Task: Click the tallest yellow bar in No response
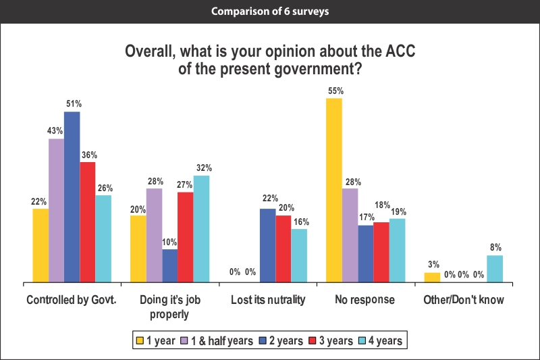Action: pyautogui.click(x=333, y=190)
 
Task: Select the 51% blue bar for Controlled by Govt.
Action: pyautogui.click(x=72, y=197)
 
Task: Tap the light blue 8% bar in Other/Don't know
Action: pyautogui.click(x=495, y=268)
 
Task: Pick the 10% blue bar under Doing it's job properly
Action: pyautogui.click(x=169, y=265)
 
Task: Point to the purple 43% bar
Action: pyautogui.click(x=56, y=210)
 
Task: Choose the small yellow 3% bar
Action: pyautogui.click(x=431, y=277)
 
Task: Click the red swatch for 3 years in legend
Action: pyautogui.click(x=313, y=340)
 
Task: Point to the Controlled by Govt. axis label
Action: pyautogui.click(x=71, y=300)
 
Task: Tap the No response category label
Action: pyautogui.click(x=364, y=300)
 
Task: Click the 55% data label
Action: pyautogui.click(x=335, y=91)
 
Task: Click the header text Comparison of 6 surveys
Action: pyautogui.click(x=270, y=11)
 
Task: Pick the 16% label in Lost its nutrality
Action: pyautogui.click(x=300, y=222)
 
